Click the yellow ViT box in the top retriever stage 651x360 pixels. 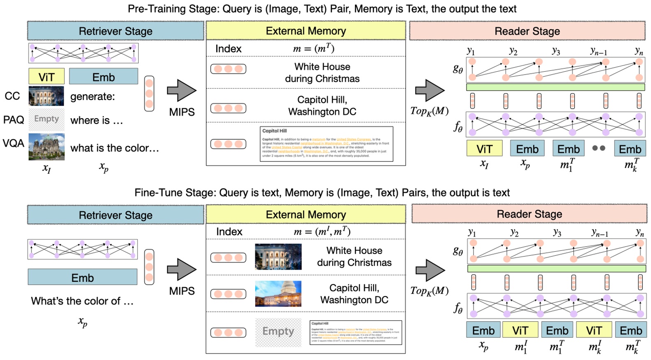pyautogui.click(x=47, y=77)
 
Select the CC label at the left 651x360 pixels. pyautogui.click(x=12, y=96)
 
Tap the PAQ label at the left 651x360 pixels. pyautogui.click(x=14, y=120)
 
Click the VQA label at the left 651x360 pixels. pyautogui.click(x=14, y=143)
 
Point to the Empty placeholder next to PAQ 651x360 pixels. pyautogui.click(x=47, y=119)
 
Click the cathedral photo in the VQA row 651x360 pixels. pyautogui.click(x=47, y=147)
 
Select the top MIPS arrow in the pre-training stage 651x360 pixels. pyautogui.click(x=182, y=91)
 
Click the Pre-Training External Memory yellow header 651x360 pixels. pyautogui.click(x=306, y=31)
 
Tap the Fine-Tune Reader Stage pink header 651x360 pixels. pyautogui.click(x=529, y=214)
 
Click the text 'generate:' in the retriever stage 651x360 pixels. pyautogui.click(x=93, y=97)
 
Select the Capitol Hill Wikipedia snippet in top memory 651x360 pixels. pyautogui.click(x=326, y=144)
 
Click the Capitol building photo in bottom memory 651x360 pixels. pyautogui.click(x=278, y=294)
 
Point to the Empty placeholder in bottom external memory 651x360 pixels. pyautogui.click(x=278, y=332)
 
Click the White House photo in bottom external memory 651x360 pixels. pyautogui.click(x=278, y=257)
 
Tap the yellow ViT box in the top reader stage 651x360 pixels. pyautogui.click(x=484, y=149)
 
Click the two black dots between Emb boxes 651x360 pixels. pyautogui.click(x=599, y=148)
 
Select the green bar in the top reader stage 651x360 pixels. pyautogui.click(x=555, y=87)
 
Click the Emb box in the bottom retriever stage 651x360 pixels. pyautogui.click(x=82, y=277)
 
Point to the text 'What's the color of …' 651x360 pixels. pyautogui.click(x=82, y=301)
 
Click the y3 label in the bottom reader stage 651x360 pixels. pyautogui.click(x=557, y=233)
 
